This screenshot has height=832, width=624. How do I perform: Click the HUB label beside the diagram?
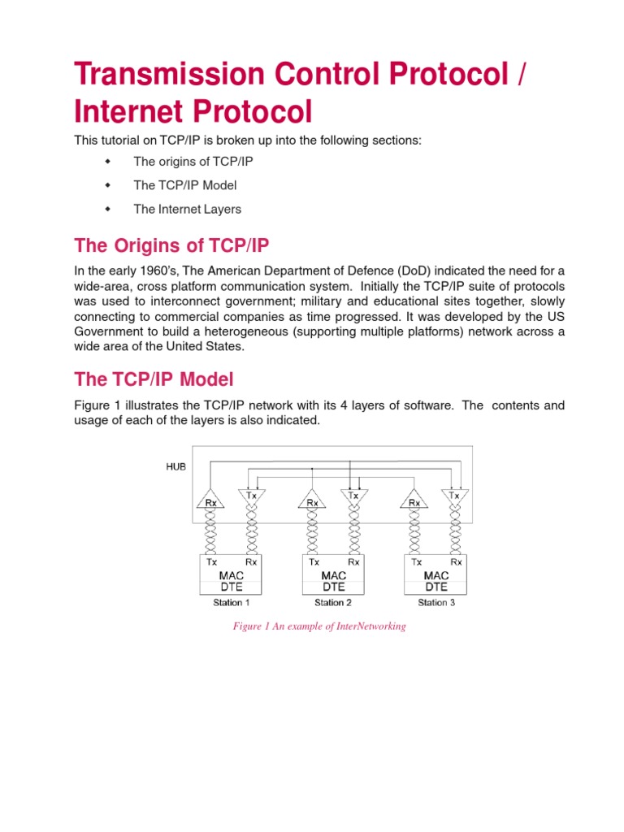[x=175, y=467]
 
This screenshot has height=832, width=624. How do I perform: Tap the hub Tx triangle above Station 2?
[x=353, y=495]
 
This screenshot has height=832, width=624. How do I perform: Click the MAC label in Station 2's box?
[x=333, y=575]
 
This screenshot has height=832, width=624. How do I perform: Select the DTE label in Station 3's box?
[x=435, y=587]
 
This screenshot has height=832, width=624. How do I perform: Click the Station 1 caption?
[x=232, y=603]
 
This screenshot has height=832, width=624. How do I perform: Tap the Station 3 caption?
[x=435, y=603]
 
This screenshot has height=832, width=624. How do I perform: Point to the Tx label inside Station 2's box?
[x=314, y=561]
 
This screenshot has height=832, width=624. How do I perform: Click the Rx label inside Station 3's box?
[x=456, y=561]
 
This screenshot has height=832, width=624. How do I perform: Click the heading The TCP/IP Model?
[x=154, y=379]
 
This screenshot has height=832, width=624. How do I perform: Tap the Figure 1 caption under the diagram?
[x=318, y=626]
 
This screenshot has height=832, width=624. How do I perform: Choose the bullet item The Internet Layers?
[x=187, y=209]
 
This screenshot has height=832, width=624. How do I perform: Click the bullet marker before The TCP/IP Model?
[x=106, y=185]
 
